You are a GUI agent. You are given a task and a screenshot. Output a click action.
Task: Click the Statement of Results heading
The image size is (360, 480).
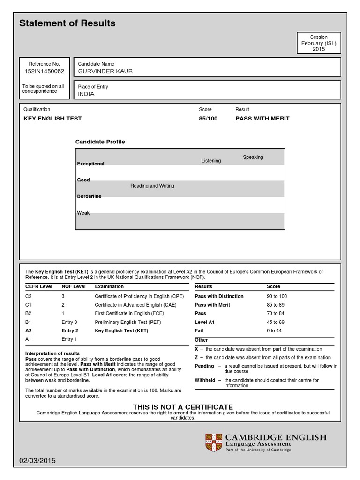coord(67,23)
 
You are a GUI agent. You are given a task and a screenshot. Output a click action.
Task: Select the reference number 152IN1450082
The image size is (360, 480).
coord(45,71)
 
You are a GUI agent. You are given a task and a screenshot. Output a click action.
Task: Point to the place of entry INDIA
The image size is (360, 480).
coord(86,94)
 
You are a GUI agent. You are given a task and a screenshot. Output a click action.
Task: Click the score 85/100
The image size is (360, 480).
coord(208,119)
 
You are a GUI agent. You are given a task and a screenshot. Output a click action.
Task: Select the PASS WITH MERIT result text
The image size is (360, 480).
coord(262,119)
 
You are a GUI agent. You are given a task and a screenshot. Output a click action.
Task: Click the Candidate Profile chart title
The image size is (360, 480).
coord(100,142)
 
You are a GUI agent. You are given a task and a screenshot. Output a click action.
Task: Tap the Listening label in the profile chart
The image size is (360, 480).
coord(211,161)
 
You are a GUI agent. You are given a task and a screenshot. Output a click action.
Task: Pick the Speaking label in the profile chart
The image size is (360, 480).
coord(253,157)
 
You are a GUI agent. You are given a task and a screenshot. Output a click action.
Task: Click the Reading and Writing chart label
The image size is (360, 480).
coord(152,186)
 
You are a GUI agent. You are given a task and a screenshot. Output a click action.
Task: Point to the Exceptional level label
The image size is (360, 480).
coord(90,164)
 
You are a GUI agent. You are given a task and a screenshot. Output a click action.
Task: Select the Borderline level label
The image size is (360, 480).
coord(89,196)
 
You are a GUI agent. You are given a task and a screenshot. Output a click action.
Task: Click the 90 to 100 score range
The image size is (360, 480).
coord(277,296)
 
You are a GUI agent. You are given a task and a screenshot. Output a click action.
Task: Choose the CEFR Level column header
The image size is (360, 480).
coord(38,286)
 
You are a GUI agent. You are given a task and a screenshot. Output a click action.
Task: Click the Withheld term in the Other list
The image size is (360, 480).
coord(205,380)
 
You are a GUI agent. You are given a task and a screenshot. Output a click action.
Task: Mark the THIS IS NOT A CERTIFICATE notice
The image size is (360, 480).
coord(183,406)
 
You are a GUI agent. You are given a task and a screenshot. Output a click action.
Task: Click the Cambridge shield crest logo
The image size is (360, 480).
coord(214,442)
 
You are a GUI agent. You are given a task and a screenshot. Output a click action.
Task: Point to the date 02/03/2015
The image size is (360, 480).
coord(37,461)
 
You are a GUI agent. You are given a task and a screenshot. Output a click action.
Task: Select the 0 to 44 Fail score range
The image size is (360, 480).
coord(274,330)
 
